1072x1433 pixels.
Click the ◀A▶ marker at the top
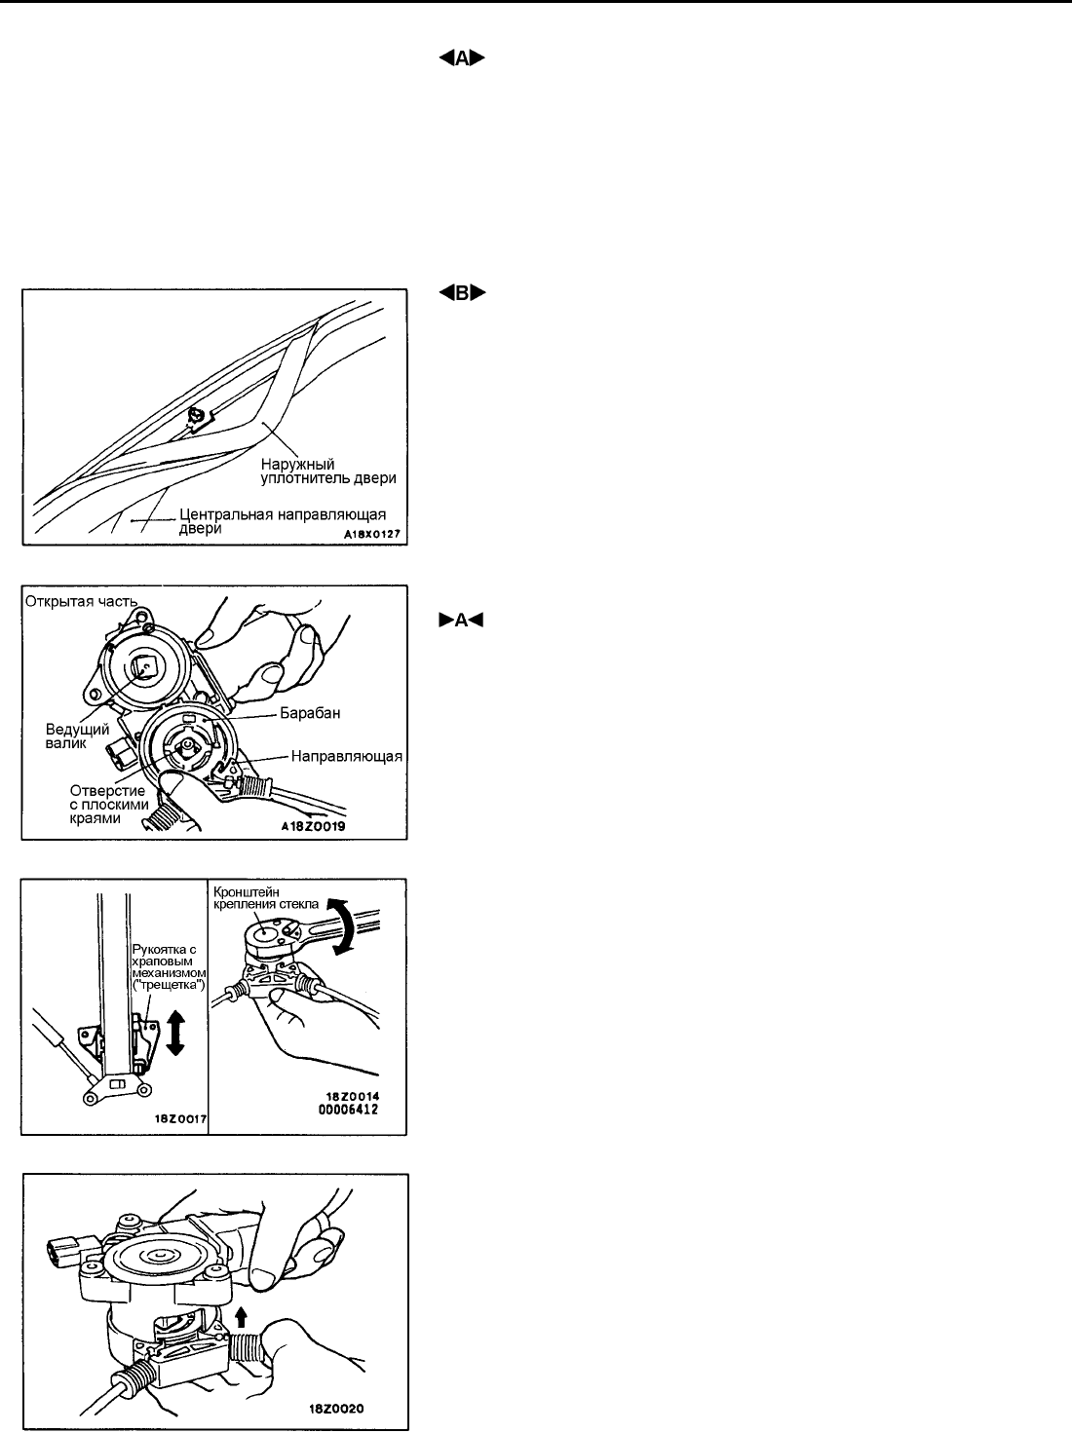click(x=462, y=58)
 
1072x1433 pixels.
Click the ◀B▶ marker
click(x=462, y=293)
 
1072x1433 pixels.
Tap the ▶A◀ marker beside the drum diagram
click(x=461, y=620)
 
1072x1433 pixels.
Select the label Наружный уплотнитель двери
click(x=328, y=471)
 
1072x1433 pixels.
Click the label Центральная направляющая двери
click(x=283, y=521)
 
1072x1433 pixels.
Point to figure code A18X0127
click(x=372, y=534)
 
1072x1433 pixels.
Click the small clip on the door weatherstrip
click(x=199, y=416)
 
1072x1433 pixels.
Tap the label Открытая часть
click(x=81, y=601)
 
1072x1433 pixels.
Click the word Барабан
click(x=310, y=713)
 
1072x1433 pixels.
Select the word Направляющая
click(x=347, y=756)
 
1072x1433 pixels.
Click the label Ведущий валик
click(x=78, y=735)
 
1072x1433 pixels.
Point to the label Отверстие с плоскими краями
click(x=109, y=805)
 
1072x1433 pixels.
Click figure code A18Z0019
click(x=314, y=826)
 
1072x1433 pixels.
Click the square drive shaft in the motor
click(x=145, y=668)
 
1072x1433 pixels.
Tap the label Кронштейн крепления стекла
click(x=266, y=897)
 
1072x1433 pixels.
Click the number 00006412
click(x=353, y=1109)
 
